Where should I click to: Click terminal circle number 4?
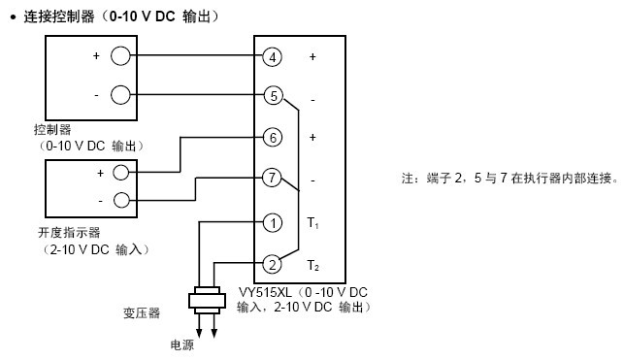click(x=273, y=57)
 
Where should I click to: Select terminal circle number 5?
click(x=273, y=95)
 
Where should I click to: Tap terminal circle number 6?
click(x=273, y=138)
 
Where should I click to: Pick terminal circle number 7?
click(x=273, y=178)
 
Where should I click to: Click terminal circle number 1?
click(x=273, y=223)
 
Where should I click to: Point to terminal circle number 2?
click(x=273, y=264)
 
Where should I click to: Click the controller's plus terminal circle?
click(x=119, y=56)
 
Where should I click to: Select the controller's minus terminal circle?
click(x=119, y=94)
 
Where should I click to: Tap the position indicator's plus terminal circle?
click(x=120, y=173)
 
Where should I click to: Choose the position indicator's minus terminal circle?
click(x=120, y=200)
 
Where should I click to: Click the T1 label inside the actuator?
click(x=311, y=223)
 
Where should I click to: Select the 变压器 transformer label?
click(x=142, y=313)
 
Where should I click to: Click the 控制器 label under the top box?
click(x=51, y=128)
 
